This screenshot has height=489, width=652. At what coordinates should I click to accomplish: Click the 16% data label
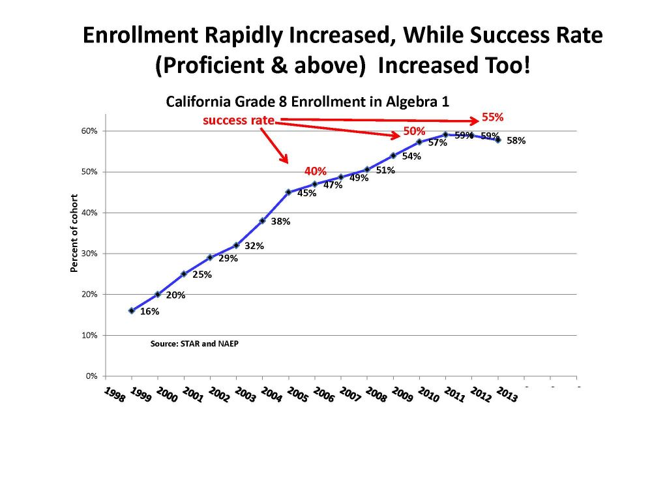coord(150,312)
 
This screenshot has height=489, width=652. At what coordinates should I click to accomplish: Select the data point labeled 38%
coord(262,220)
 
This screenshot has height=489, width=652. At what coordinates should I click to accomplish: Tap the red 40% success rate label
coord(316,171)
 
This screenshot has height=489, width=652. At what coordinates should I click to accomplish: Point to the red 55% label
coord(492,117)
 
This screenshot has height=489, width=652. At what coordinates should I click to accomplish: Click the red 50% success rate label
coord(413,131)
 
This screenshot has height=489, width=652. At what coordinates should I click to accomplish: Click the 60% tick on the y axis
coord(89,131)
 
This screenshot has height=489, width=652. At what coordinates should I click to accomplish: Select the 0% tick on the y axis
coord(91,376)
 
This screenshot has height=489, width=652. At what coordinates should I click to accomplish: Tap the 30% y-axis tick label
coord(89,254)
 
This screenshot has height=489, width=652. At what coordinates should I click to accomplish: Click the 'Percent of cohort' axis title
coord(74,233)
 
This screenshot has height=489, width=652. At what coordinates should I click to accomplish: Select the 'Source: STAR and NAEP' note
coord(194,343)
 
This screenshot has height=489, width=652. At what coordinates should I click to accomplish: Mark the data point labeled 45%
coord(288,192)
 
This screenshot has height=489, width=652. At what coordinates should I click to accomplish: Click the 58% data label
coord(516,140)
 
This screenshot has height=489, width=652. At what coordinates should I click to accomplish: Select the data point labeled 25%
coord(184,274)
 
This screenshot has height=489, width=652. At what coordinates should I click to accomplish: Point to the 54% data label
coord(411,156)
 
